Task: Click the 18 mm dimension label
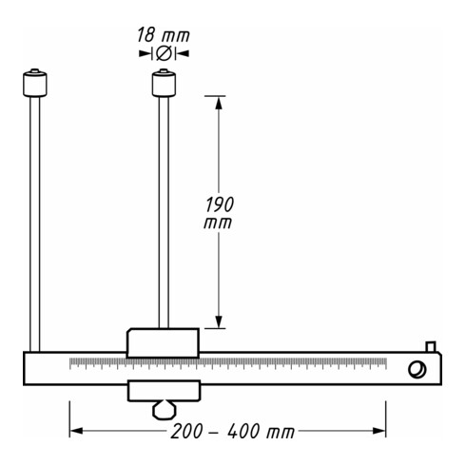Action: click(164, 35)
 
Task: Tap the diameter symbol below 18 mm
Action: click(164, 53)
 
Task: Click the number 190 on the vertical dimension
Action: click(220, 204)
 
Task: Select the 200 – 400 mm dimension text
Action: click(233, 431)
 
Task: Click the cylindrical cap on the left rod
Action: click(35, 83)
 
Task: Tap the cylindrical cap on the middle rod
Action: click(164, 83)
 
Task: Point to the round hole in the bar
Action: click(417, 370)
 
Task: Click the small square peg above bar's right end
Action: click(431, 347)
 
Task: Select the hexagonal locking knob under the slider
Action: click(165, 410)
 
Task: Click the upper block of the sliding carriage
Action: click(163, 343)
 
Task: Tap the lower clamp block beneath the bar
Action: click(165, 391)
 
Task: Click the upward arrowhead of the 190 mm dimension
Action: click(219, 103)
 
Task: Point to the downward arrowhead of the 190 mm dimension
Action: click(219, 321)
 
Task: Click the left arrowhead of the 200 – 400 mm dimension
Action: click(76, 431)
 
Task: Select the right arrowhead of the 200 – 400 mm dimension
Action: click(379, 431)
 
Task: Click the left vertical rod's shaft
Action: click(35, 224)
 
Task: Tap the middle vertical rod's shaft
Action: click(164, 212)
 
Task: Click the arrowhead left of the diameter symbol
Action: click(146, 53)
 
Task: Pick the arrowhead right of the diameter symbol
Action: click(183, 53)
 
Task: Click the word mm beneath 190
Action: click(218, 223)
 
